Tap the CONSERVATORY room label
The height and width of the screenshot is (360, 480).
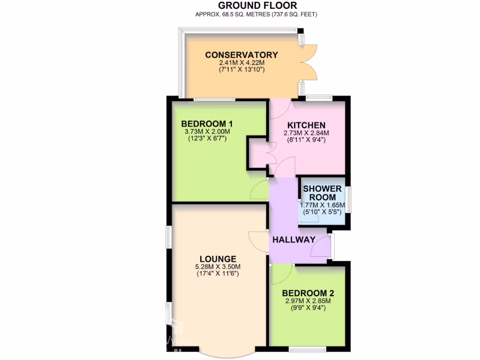241,55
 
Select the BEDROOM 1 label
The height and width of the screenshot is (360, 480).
207,124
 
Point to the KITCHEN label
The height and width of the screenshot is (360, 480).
306,125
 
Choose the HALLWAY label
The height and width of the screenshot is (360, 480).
294,240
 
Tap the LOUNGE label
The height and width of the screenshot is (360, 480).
217,259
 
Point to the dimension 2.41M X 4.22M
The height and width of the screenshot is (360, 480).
241,62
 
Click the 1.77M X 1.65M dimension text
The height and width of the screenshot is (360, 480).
322,205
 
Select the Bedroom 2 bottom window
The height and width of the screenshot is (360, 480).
307,349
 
